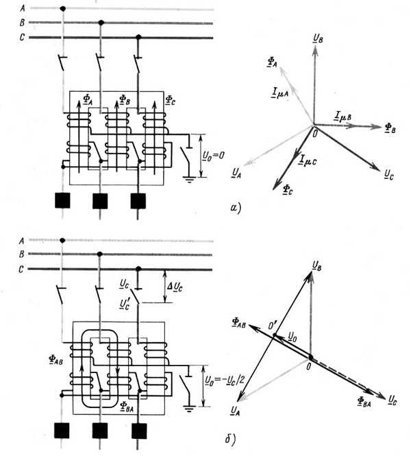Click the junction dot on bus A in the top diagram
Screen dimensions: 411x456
point(62,9)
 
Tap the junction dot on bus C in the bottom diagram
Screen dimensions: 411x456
point(138,269)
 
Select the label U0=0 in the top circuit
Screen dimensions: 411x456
point(214,156)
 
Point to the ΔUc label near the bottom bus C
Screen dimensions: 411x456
point(175,287)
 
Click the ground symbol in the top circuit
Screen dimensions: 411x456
point(189,179)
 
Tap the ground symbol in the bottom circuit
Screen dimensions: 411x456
point(189,409)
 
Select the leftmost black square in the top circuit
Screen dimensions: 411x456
point(62,200)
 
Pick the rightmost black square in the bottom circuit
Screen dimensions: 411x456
point(139,431)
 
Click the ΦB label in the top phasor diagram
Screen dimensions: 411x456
point(390,128)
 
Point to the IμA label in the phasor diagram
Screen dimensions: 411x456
point(280,93)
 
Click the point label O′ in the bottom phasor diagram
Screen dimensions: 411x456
point(273,326)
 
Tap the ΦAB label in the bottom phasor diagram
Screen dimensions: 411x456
point(239,323)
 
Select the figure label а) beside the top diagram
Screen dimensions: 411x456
point(235,208)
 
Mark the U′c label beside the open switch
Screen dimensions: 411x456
point(125,304)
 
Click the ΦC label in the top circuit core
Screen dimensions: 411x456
point(170,100)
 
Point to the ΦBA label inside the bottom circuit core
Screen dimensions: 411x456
point(127,406)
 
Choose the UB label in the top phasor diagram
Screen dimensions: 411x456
point(318,38)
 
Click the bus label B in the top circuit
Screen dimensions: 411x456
point(22,23)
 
